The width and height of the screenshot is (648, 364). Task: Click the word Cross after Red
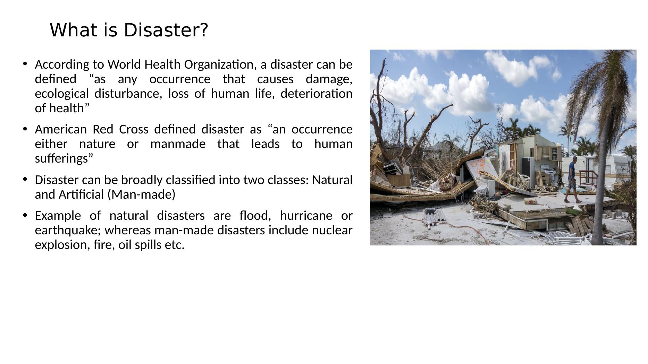[x=134, y=129]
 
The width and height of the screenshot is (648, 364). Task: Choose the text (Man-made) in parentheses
[x=141, y=195]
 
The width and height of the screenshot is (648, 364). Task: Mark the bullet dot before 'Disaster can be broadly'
[x=25, y=179]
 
